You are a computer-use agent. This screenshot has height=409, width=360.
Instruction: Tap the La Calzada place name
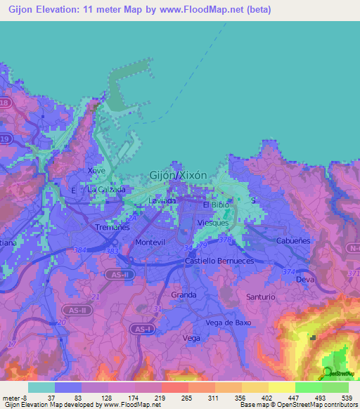[x=106, y=190]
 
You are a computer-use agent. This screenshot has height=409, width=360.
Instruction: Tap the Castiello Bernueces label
[x=219, y=261]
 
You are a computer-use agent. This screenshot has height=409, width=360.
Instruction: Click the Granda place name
[x=184, y=295]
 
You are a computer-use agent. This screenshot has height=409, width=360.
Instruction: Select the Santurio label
[x=261, y=297]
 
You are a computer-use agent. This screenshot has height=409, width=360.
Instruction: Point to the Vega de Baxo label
[x=229, y=323]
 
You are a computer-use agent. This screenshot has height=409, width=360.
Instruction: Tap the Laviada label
[x=162, y=201]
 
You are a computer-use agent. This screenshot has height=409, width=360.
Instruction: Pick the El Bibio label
[x=216, y=205]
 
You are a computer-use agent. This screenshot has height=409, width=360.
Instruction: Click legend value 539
[x=346, y=398]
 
